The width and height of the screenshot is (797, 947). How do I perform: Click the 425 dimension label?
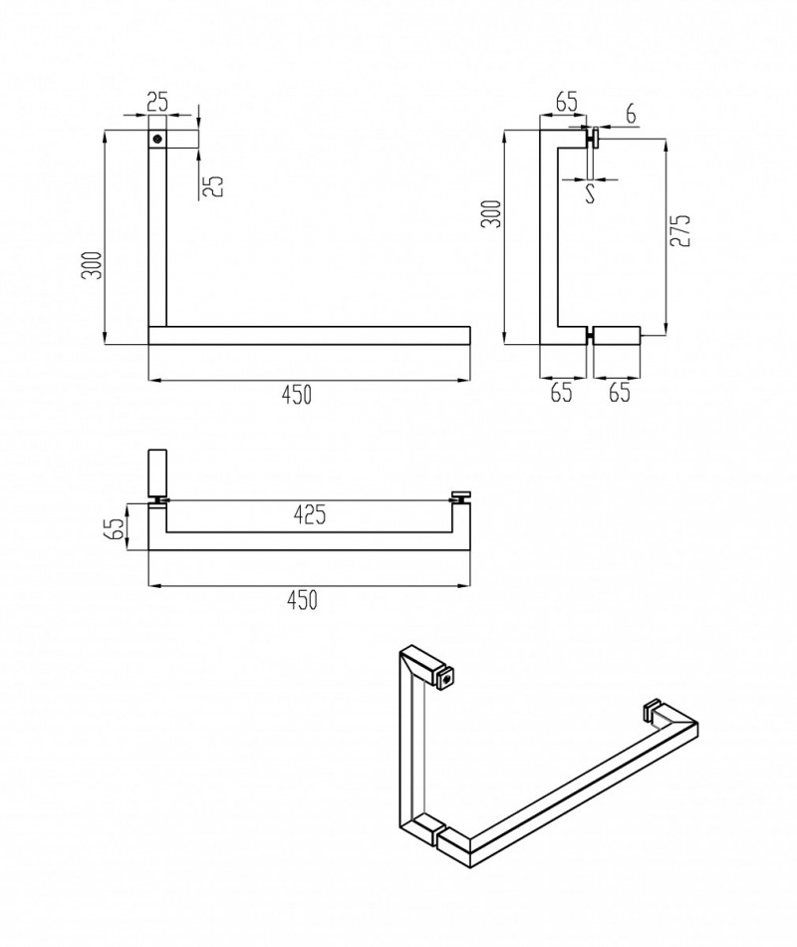point(310,514)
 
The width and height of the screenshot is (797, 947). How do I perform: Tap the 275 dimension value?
point(679,230)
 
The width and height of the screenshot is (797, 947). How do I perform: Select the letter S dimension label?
point(591,193)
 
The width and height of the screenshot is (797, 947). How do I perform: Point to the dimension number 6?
point(631,113)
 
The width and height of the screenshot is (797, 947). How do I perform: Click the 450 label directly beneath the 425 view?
point(301,600)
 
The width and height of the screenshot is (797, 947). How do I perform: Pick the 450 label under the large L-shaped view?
point(297,395)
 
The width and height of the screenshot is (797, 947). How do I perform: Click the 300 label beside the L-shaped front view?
point(92,265)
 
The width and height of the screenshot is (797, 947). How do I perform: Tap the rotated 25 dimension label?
point(213,185)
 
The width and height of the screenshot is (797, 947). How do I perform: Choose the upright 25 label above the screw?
point(157,102)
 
